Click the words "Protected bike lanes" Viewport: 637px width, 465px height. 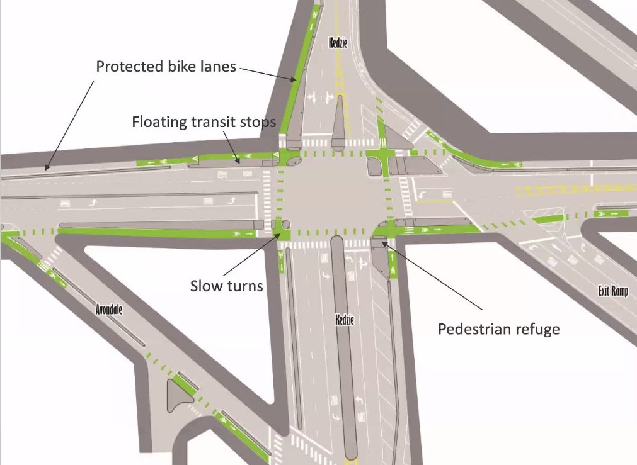166,66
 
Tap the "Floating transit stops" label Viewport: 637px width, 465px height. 204,121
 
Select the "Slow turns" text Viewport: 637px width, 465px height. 226,286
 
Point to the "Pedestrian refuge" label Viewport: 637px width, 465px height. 498,328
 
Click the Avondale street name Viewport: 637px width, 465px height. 108,310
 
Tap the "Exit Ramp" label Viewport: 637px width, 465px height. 613,291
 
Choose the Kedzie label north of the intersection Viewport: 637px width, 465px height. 338,43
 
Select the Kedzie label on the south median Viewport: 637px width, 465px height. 345,320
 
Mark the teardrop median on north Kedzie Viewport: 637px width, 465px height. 339,120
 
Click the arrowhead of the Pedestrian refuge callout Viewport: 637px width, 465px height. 385,244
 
